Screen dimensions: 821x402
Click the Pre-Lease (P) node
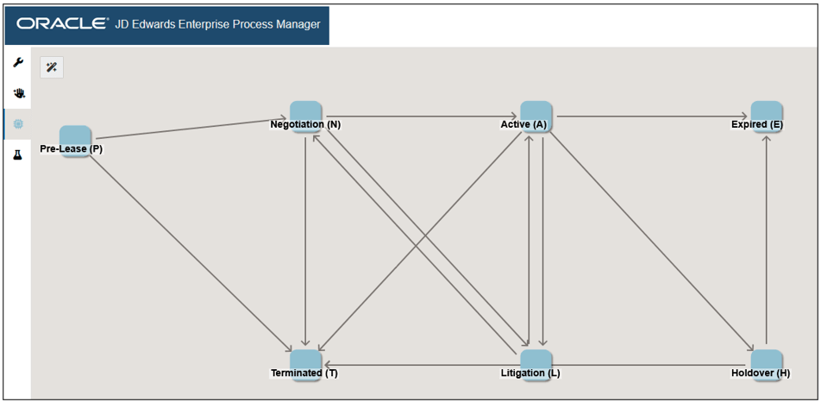click(x=75, y=141)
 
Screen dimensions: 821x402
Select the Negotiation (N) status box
click(x=305, y=116)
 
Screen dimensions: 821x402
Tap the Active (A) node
click(x=536, y=116)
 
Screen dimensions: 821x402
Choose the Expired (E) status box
click(x=766, y=116)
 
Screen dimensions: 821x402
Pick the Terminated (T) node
click(x=305, y=366)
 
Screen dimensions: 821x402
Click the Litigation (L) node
click(x=536, y=366)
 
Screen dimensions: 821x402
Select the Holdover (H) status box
click(x=766, y=366)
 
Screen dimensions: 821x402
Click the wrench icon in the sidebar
click(x=18, y=63)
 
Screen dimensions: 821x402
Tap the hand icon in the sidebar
click(x=18, y=94)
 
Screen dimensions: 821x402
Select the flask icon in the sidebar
click(x=18, y=155)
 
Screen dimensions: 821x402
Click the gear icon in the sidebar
click(x=18, y=124)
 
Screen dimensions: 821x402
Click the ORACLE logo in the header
click(x=62, y=24)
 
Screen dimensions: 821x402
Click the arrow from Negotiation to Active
click(x=421, y=116)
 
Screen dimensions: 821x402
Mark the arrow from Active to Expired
click(x=651, y=116)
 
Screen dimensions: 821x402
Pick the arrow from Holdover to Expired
click(x=766, y=240)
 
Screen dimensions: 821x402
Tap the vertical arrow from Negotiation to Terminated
click(x=305, y=241)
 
